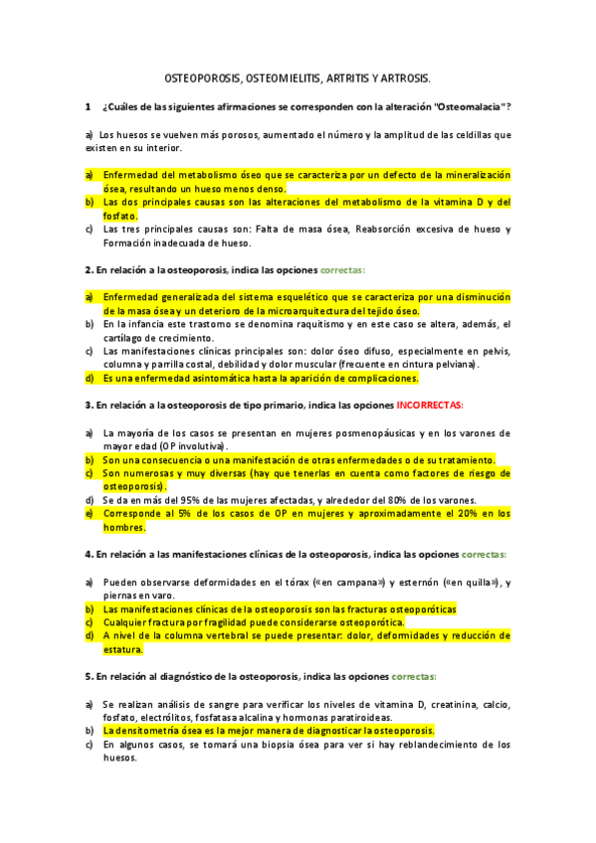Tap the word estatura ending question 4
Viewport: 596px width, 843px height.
tap(123, 649)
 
